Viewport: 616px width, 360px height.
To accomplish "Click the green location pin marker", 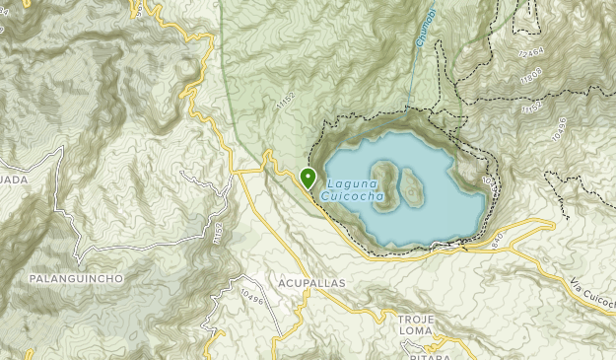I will pyautogui.click(x=308, y=179).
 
